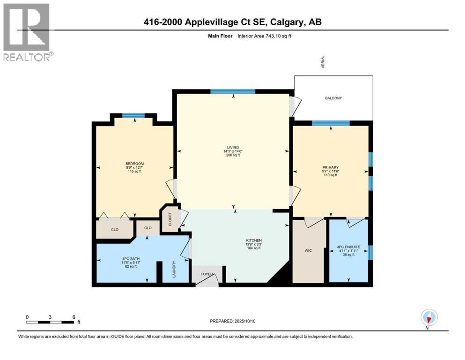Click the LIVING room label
(232, 147)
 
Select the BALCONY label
(333, 98)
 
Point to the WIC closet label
(308, 251)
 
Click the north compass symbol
(429, 317)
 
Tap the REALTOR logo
(27, 33)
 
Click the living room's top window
(232, 91)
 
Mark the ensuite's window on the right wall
(370, 253)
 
